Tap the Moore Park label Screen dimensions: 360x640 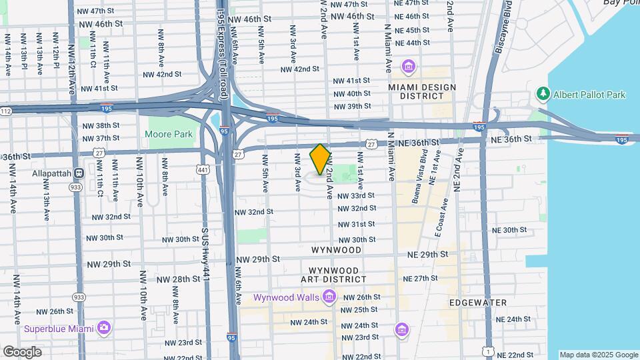(x=169, y=134)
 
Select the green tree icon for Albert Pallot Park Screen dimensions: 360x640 (x=544, y=95)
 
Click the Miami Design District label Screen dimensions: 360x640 (x=423, y=91)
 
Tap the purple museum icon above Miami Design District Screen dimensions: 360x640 (x=407, y=67)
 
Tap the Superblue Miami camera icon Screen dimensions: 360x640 (x=103, y=327)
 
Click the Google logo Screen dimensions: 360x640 (x=22, y=351)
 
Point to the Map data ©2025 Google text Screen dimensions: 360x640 (x=598, y=355)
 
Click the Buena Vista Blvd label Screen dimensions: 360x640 (x=425, y=175)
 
